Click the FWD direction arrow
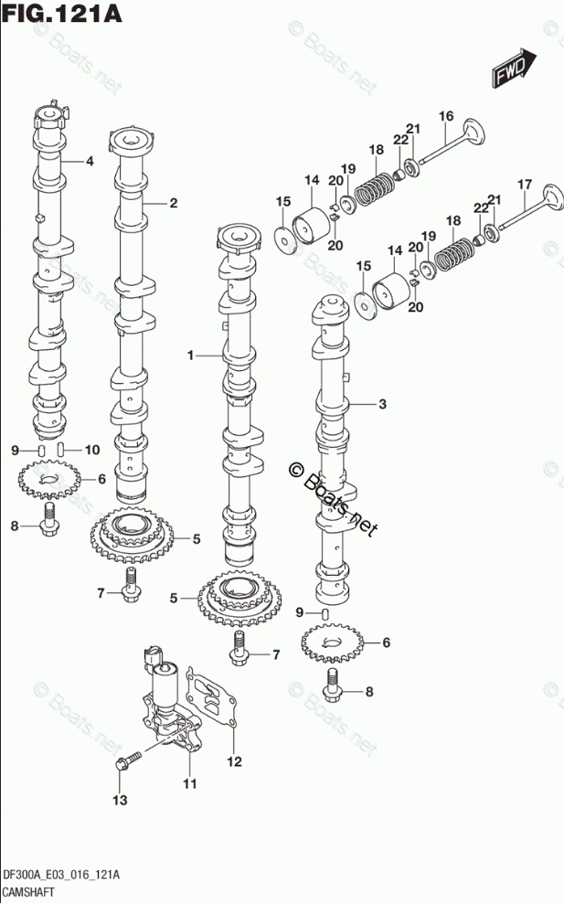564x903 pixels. [x=514, y=68]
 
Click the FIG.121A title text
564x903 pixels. [x=62, y=13]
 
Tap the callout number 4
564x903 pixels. [x=90, y=161]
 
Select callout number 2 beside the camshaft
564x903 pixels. [x=173, y=203]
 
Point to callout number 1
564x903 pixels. [x=191, y=356]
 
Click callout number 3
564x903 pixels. [x=382, y=404]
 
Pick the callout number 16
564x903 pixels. [x=446, y=116]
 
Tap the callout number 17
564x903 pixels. [x=525, y=185]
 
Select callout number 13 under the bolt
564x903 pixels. [x=120, y=800]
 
